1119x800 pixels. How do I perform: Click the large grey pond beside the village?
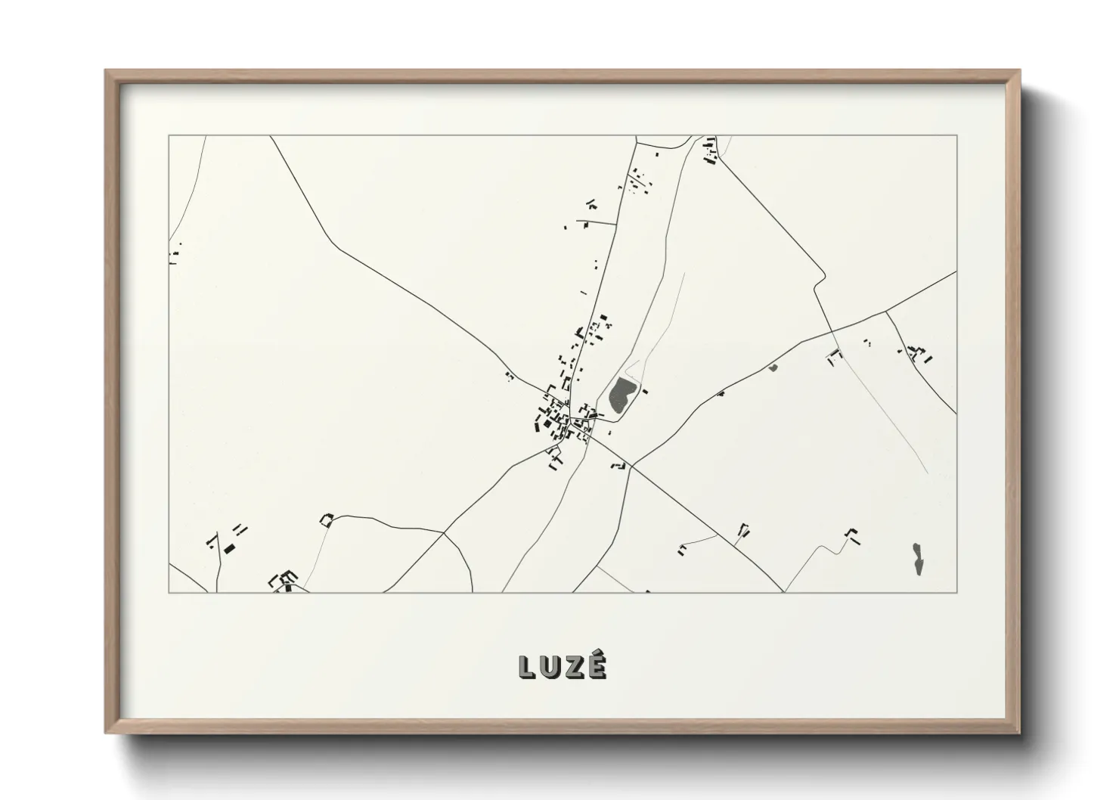[622, 393]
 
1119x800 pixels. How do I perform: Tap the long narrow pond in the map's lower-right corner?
[917, 558]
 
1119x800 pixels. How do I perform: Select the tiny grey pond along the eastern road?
[773, 368]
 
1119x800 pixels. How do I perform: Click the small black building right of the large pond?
[645, 390]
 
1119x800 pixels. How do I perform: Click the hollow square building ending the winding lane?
[327, 519]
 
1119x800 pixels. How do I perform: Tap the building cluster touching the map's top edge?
[710, 151]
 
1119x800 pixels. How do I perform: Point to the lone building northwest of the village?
[510, 375]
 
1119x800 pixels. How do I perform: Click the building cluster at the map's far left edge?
[175, 253]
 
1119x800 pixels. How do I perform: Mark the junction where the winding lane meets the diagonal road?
[444, 532]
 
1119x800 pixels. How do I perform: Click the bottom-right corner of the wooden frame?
[1019, 733]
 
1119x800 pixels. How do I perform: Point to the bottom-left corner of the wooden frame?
[107, 733]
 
